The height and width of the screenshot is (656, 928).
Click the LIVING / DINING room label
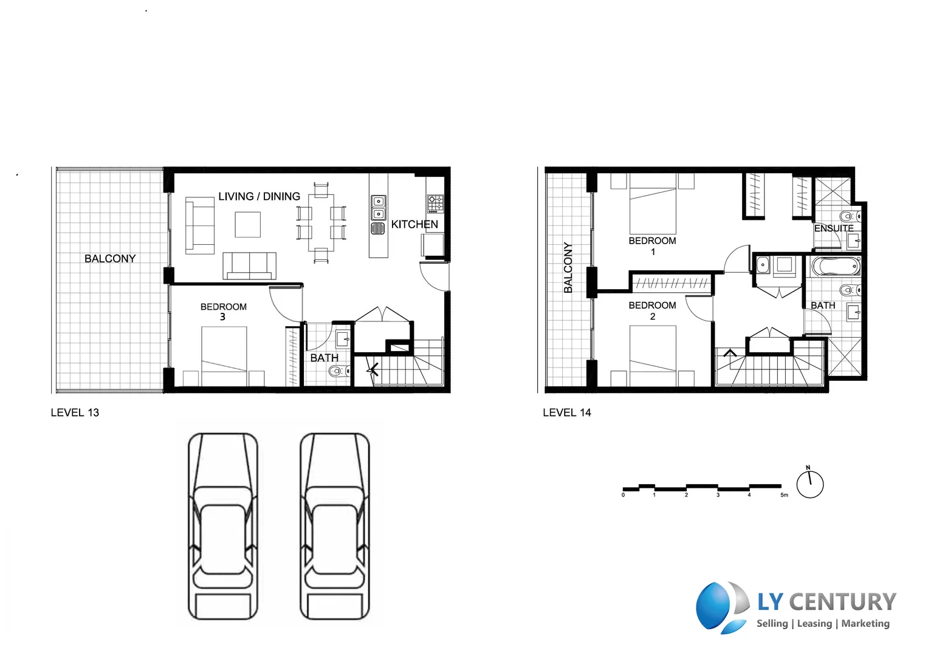pos(259,196)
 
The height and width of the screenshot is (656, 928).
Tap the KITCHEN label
pos(414,224)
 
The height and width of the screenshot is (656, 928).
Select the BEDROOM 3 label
pos(223,311)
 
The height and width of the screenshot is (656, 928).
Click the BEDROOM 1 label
pos(652,245)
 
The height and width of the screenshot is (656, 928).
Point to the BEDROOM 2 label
pos(652,310)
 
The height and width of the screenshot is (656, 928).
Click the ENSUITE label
pos(833,228)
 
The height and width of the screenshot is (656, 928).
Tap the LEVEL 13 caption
pos(75,412)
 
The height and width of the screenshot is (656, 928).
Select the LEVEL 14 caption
pos(566,412)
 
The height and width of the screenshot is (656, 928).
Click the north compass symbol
pos(809,483)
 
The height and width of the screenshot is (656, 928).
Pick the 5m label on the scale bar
pos(784,495)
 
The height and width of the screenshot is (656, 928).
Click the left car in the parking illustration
pos(222,526)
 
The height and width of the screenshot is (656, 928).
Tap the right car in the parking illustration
pos(334,526)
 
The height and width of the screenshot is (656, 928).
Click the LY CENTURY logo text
pos(826,601)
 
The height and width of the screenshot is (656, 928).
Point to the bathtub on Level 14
pos(836,267)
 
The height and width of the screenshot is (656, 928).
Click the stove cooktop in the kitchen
pos(435,203)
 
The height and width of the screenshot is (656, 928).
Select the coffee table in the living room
pos(247,224)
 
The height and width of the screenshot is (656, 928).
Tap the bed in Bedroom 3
pos(224,356)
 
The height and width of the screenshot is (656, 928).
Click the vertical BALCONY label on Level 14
pos(568,267)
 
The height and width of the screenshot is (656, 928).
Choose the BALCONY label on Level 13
pos(110,259)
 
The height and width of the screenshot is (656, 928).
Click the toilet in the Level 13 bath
pos(338,371)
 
